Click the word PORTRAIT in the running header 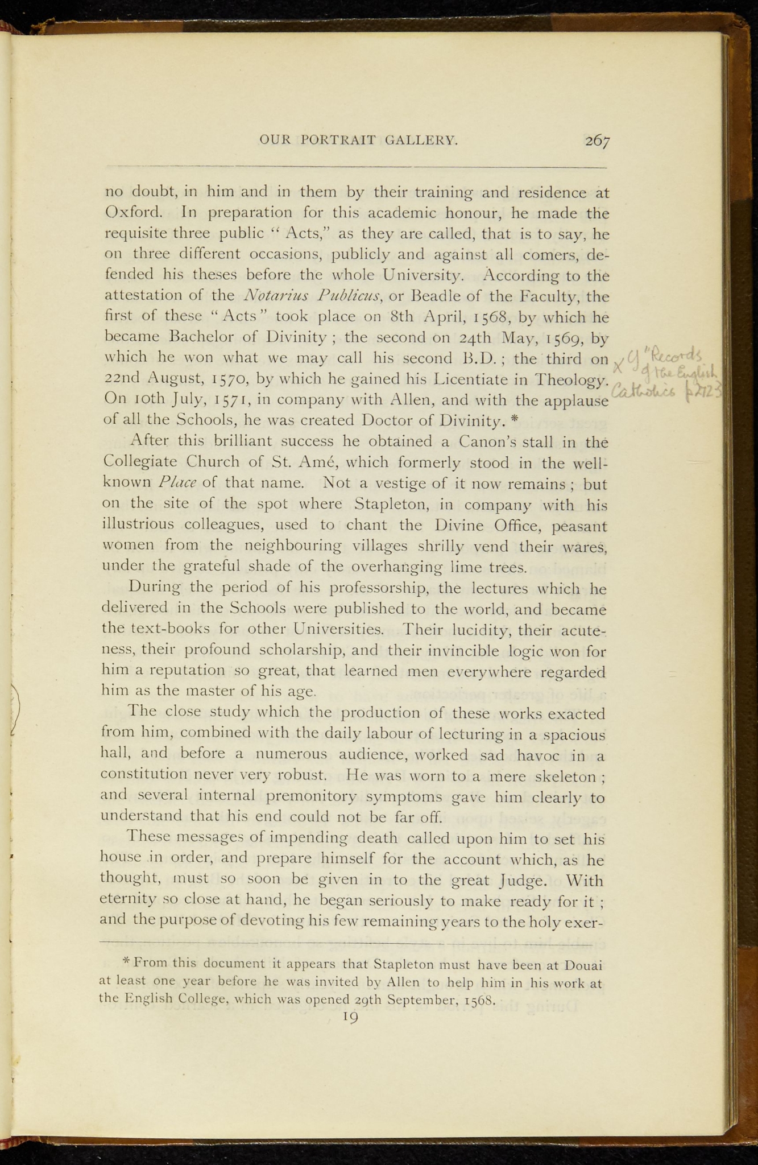point(338,141)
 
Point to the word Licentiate point(463,379)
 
